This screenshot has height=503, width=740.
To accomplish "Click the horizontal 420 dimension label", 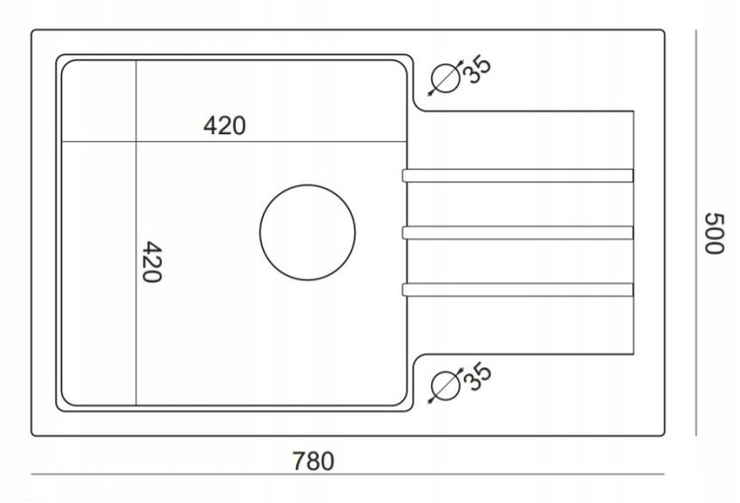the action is point(224,125).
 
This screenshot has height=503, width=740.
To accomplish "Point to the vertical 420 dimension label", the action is point(152,262).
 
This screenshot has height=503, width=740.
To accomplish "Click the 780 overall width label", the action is point(314,461).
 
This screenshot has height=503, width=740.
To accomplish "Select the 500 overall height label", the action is point(714,233).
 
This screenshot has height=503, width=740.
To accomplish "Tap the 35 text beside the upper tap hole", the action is point(477,70).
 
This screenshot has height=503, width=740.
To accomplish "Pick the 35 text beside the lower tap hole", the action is point(478,376).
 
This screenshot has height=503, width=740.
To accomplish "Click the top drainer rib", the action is point(518,176).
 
